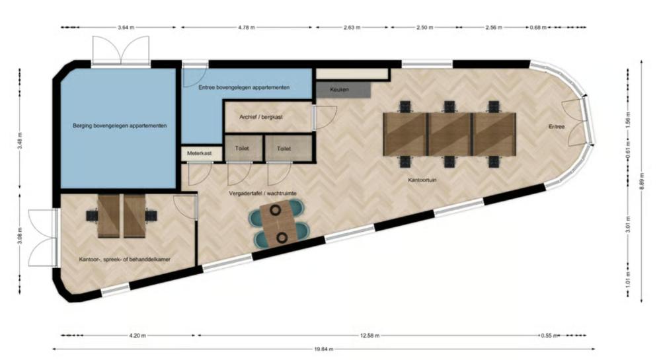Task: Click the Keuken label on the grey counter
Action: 339,90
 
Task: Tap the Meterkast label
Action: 200,153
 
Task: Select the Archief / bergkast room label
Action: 261,117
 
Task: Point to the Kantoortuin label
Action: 422,180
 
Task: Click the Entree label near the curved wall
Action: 557,126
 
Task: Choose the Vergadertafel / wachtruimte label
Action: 262,194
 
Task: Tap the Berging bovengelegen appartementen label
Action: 120,126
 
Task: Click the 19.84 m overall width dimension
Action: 324,349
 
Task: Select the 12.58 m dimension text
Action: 369,336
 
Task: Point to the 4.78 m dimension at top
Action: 247,27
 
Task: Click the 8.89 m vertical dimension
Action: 642,181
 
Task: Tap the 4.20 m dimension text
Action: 137,336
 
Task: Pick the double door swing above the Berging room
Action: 121,50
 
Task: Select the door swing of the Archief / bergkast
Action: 325,118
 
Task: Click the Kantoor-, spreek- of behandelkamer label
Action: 125,260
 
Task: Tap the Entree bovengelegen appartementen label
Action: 244,88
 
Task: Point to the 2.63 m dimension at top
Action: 352,27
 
